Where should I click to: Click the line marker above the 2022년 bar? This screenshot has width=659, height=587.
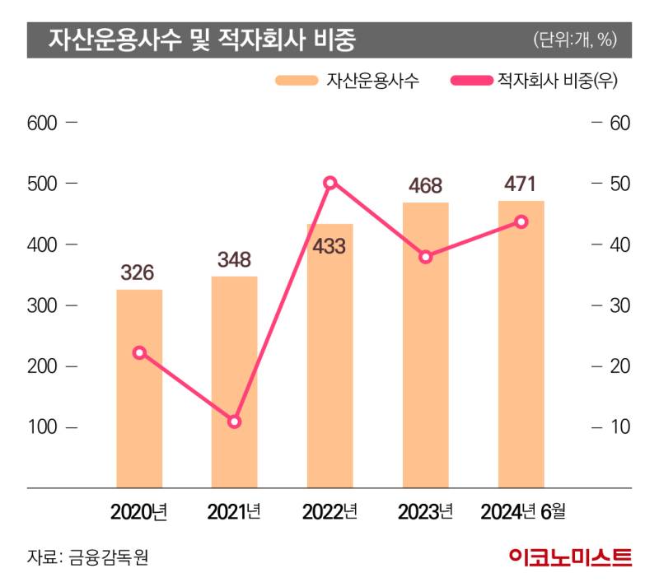pyautogui.click(x=330, y=183)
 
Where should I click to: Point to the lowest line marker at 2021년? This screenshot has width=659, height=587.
pyautogui.click(x=235, y=422)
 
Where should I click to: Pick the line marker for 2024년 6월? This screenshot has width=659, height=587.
pyautogui.click(x=521, y=221)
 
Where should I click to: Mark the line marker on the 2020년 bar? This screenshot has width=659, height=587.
pyautogui.click(x=139, y=352)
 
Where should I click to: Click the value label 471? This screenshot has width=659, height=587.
pyautogui.click(x=521, y=184)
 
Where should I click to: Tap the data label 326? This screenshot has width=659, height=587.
pyautogui.click(x=138, y=273)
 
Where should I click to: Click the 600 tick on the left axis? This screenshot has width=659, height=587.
pyautogui.click(x=41, y=123)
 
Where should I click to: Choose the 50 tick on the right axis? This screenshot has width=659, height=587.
pyautogui.click(x=619, y=184)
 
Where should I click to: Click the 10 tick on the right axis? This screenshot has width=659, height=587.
pyautogui.click(x=619, y=427)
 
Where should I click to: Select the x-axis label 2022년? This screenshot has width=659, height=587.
pyautogui.click(x=329, y=513)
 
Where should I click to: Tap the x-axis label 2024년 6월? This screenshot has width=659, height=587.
pyautogui.click(x=523, y=513)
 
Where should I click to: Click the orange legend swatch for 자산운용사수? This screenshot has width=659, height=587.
pyautogui.click(x=297, y=81)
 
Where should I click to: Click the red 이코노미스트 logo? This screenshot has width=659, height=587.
pyautogui.click(x=570, y=557)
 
